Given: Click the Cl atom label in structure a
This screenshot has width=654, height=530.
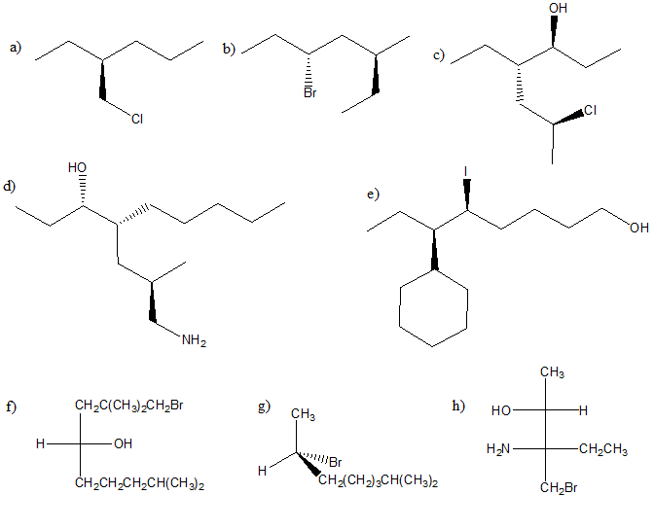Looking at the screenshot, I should pyautogui.click(x=136, y=119).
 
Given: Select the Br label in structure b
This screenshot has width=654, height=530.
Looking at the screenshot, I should pyautogui.click(x=309, y=94).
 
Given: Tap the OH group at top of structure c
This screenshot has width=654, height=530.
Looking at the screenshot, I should pyautogui.click(x=558, y=9).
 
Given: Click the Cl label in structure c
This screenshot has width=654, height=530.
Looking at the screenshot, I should pyautogui.click(x=591, y=110).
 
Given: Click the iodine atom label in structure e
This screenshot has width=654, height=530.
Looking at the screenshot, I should pyautogui.click(x=466, y=171).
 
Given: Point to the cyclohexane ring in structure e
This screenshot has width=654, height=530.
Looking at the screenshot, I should pyautogui.click(x=434, y=307).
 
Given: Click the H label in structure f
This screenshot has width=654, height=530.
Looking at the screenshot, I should pyautogui.click(x=39, y=444).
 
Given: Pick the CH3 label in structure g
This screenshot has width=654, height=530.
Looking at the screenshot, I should pyautogui.click(x=303, y=415).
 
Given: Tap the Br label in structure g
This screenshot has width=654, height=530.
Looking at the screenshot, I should pyautogui.click(x=335, y=460).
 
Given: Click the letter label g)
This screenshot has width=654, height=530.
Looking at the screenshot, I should pyautogui.click(x=264, y=406).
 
